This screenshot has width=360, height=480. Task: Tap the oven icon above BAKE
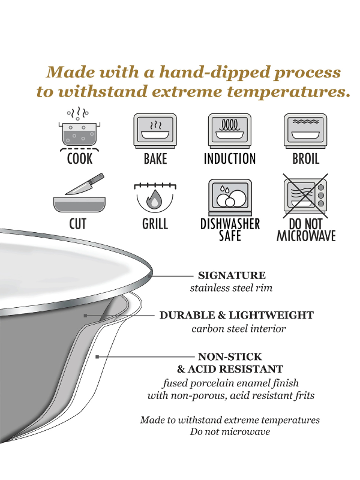[155, 130]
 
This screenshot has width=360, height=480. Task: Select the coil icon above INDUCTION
[230, 130]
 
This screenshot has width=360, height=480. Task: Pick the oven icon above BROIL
[305, 130]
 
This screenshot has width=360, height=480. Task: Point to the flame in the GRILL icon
[155, 200]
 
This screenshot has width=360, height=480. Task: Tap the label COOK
[79, 159]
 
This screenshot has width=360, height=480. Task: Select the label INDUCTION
[230, 159]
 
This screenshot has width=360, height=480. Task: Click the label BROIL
[305, 159]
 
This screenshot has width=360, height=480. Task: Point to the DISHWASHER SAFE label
[230, 230]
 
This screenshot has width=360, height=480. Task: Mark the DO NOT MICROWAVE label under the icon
[306, 230]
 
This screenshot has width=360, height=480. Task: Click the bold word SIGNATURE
[232, 275]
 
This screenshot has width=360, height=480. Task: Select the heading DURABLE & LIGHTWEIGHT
[236, 315]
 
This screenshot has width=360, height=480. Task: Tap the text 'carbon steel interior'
[239, 329]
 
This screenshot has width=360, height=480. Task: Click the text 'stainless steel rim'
[231, 288]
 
